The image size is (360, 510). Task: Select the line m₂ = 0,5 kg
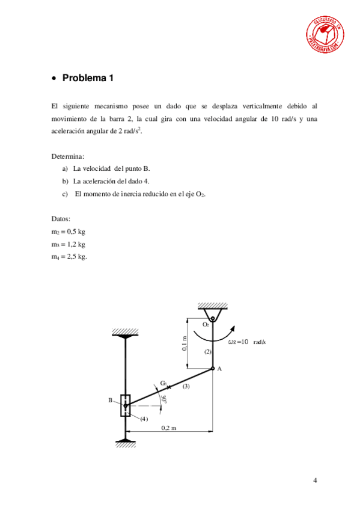pyautogui.click(x=69, y=231)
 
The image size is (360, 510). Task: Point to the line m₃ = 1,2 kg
pyautogui.click(x=69, y=244)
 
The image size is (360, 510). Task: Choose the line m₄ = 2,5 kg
pyautogui.click(x=70, y=257)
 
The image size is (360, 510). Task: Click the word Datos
pyautogui.click(x=61, y=218)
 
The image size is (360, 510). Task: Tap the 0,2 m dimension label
pyautogui.click(x=169, y=428)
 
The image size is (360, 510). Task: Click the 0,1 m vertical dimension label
pyautogui.click(x=185, y=343)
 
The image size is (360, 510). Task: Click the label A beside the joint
pyautogui.click(x=219, y=369)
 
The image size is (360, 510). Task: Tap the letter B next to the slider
pyautogui.click(x=111, y=399)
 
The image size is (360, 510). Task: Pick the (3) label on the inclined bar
pyautogui.click(x=186, y=387)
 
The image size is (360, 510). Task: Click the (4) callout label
pyautogui.click(x=144, y=419)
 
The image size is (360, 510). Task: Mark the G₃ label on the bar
pyautogui.click(x=163, y=382)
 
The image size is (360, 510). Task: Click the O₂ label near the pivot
pyautogui.click(x=205, y=324)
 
